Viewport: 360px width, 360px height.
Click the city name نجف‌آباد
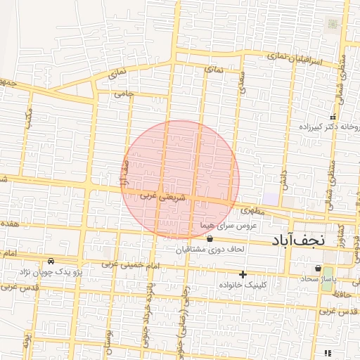click(x=298, y=240)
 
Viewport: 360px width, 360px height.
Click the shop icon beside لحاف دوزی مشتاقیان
click(x=210, y=238)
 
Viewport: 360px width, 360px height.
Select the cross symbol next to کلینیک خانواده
click(x=243, y=274)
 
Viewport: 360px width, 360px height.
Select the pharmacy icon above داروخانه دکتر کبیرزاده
click(x=333, y=117)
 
